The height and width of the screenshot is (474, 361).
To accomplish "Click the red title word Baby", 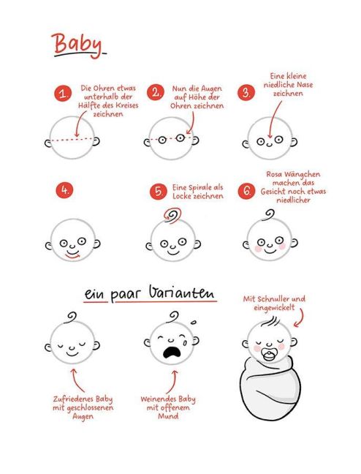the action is (x=77, y=44).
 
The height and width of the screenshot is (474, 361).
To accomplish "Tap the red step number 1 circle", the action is (x=63, y=94).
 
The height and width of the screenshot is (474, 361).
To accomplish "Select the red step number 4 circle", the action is (x=64, y=191).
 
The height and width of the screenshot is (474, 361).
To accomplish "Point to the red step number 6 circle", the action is (x=246, y=191).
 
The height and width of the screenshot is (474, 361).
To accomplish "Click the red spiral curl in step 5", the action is (x=172, y=216).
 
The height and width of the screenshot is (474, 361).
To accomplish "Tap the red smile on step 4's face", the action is (x=72, y=256).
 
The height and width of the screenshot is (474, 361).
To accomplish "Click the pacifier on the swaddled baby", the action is (x=269, y=355).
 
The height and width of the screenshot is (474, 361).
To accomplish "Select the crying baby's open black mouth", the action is (x=172, y=353).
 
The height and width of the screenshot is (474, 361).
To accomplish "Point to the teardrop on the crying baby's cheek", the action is (x=185, y=342).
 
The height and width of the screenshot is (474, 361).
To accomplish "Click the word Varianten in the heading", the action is (x=182, y=292).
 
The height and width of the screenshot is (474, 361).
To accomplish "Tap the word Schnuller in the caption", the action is (x=273, y=299).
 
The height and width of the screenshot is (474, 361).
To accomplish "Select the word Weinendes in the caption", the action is (x=159, y=399).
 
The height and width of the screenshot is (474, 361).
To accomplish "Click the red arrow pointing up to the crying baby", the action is (x=172, y=382).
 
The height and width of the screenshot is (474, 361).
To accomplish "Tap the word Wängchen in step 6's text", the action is (x=301, y=174).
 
